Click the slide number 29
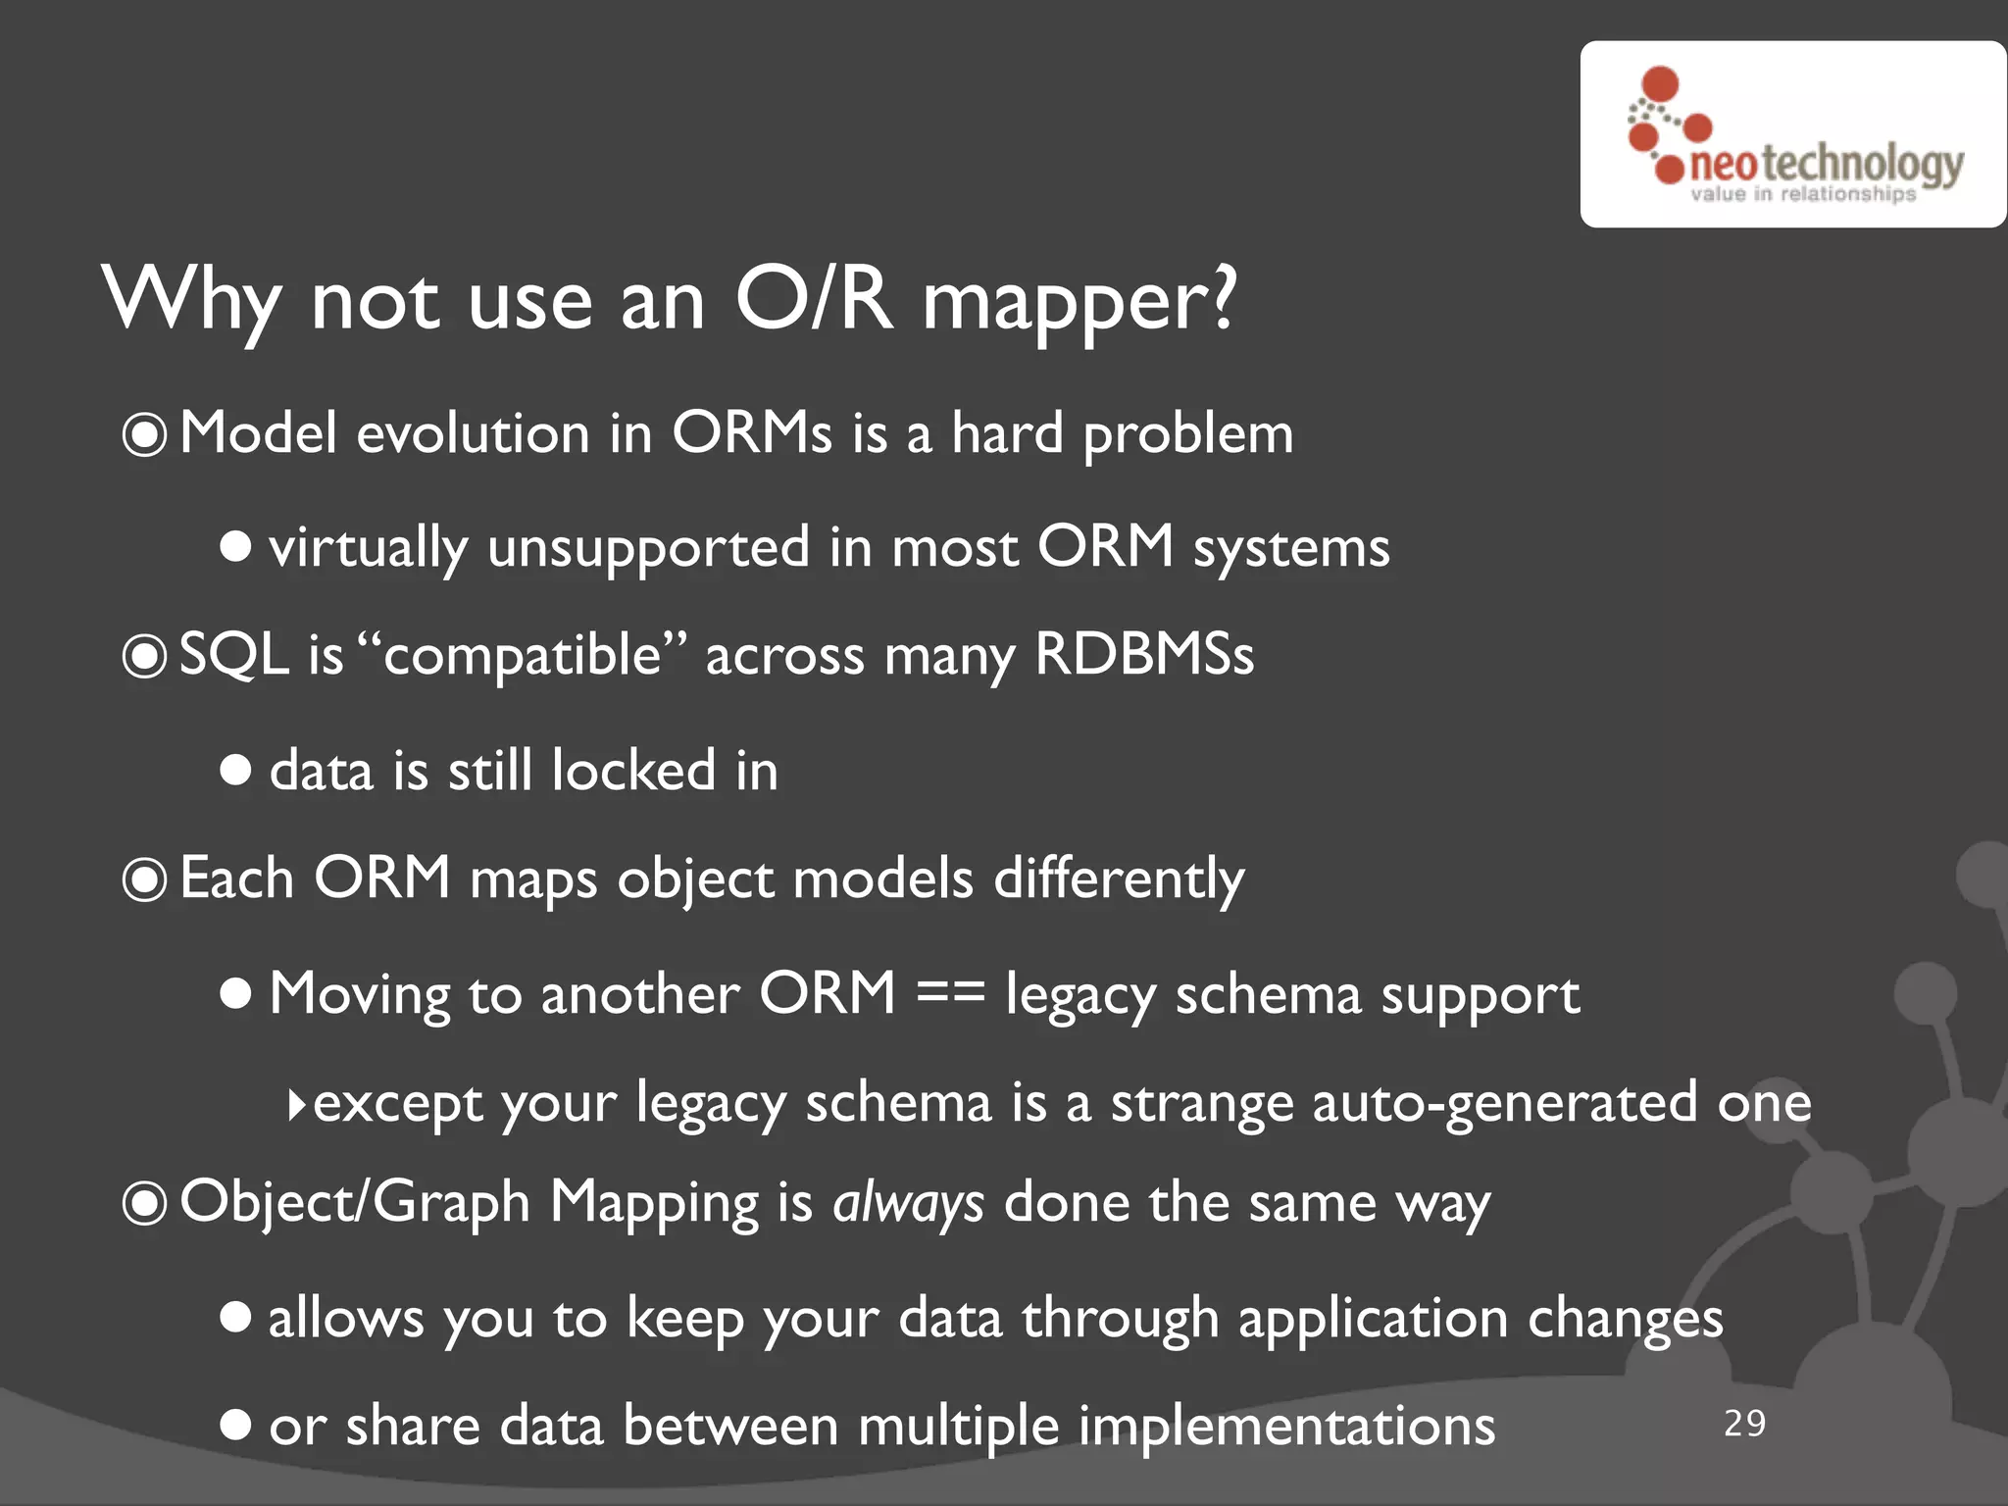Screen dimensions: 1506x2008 [1744, 1423]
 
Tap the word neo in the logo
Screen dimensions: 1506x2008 [1723, 166]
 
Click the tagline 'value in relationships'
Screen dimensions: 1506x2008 [1802, 194]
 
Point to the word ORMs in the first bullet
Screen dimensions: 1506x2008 [752, 432]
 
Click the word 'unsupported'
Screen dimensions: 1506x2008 [648, 548]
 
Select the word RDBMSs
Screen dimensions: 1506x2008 [1144, 654]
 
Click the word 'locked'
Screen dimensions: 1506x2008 [633, 770]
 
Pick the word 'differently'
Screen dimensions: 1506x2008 [1119, 878]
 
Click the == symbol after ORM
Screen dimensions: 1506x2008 [950, 993]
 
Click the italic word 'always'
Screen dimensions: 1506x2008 [908, 1203]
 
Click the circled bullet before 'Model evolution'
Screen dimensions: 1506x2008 [144, 434]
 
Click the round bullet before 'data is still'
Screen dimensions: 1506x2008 [235, 770]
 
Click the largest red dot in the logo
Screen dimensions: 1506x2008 [1660, 83]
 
